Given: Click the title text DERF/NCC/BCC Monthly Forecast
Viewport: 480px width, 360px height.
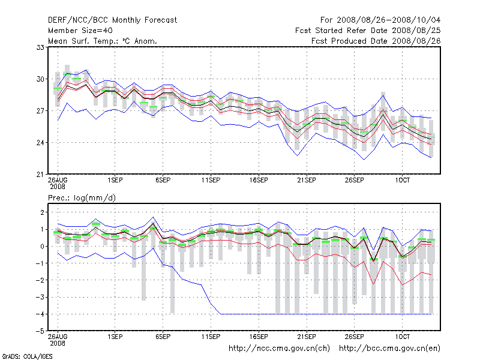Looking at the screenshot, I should click(112, 20).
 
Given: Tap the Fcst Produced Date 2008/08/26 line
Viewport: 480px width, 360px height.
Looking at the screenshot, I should click(376, 41).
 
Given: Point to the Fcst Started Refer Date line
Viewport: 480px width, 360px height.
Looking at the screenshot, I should click(368, 30).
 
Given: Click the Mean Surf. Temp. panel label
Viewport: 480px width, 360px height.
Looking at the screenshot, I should click(102, 41).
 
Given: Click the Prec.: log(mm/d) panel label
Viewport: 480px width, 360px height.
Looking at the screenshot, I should click(82, 197).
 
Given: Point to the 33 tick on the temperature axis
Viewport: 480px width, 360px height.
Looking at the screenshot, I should click(41, 47).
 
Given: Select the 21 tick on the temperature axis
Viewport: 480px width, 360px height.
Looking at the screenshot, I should click(41, 174).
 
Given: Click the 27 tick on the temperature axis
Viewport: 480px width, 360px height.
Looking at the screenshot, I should click(41, 110).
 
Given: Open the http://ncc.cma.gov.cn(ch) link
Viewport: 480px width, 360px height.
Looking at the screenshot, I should click(280, 348).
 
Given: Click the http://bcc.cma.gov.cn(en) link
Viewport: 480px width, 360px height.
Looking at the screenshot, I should click(390, 348).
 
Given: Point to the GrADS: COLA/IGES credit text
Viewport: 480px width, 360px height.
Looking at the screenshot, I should click(27, 356).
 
